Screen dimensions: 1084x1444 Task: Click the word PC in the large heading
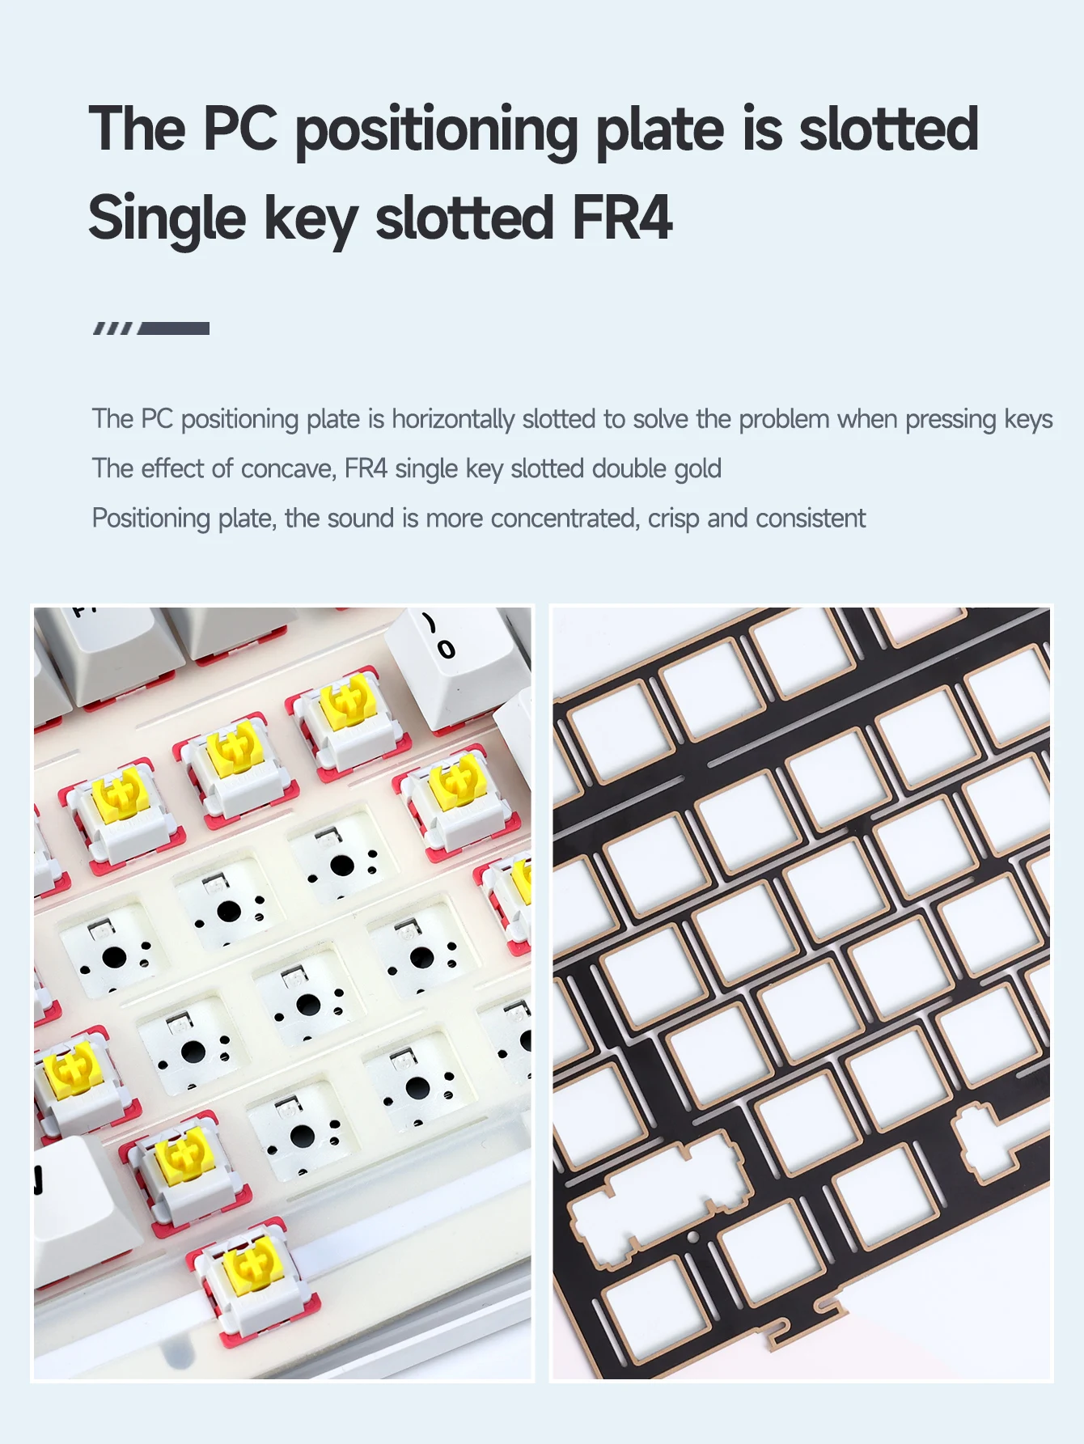[x=240, y=129]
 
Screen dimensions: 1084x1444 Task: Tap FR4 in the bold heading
[x=622, y=218]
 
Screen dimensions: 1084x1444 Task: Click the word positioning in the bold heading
[x=436, y=131]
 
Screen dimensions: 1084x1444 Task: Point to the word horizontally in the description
[x=453, y=419]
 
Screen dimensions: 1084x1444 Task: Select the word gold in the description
[x=698, y=468]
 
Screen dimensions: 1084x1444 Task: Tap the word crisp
[x=674, y=519]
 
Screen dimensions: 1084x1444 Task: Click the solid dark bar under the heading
[x=174, y=328]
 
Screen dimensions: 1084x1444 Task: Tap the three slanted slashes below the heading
[x=113, y=328]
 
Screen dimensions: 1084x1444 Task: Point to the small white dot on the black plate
[x=693, y=1237]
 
